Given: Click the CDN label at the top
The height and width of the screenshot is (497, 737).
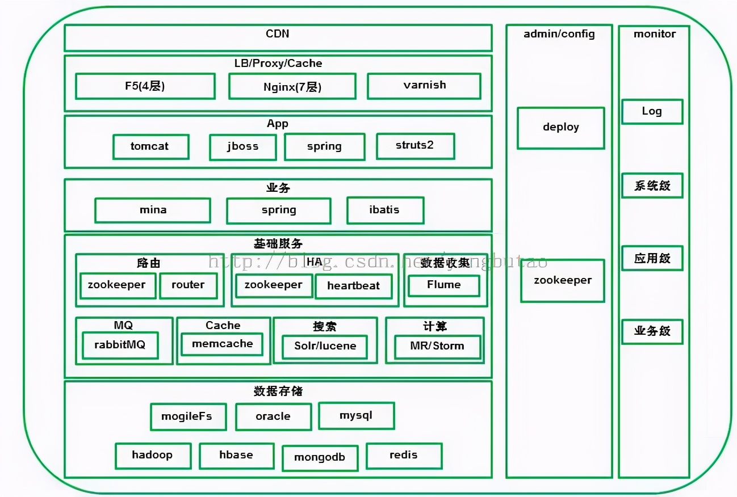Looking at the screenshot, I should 278,34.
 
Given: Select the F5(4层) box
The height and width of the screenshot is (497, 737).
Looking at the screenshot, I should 145,86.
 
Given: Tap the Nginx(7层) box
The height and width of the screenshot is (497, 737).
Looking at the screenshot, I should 292,87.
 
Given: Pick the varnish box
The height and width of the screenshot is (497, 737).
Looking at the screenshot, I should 424,86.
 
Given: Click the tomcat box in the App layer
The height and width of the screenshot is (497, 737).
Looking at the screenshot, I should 150,146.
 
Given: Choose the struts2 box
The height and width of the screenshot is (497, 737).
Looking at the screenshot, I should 415,146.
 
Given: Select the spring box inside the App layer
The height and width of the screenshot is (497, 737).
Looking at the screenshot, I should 324,146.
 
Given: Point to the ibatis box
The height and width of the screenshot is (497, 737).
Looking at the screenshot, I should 385,210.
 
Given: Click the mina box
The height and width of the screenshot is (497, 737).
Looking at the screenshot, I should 153,210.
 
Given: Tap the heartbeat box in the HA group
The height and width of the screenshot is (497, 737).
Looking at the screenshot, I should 353,286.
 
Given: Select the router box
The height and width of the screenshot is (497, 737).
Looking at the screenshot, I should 188,285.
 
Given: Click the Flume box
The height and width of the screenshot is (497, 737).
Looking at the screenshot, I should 444,285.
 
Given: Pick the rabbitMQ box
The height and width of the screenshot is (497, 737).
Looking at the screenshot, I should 120,345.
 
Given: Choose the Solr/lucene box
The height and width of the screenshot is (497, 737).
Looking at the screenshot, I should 325,346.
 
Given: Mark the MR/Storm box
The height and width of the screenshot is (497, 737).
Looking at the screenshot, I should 437,346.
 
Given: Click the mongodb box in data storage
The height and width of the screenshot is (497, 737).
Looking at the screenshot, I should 320,458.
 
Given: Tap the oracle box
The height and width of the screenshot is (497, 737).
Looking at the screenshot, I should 273,416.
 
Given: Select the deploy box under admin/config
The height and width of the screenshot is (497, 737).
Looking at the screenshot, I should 560,128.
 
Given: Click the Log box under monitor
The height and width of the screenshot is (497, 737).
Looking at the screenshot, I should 652,111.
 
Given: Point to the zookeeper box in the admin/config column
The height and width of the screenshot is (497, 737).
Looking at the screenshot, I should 563,280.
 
